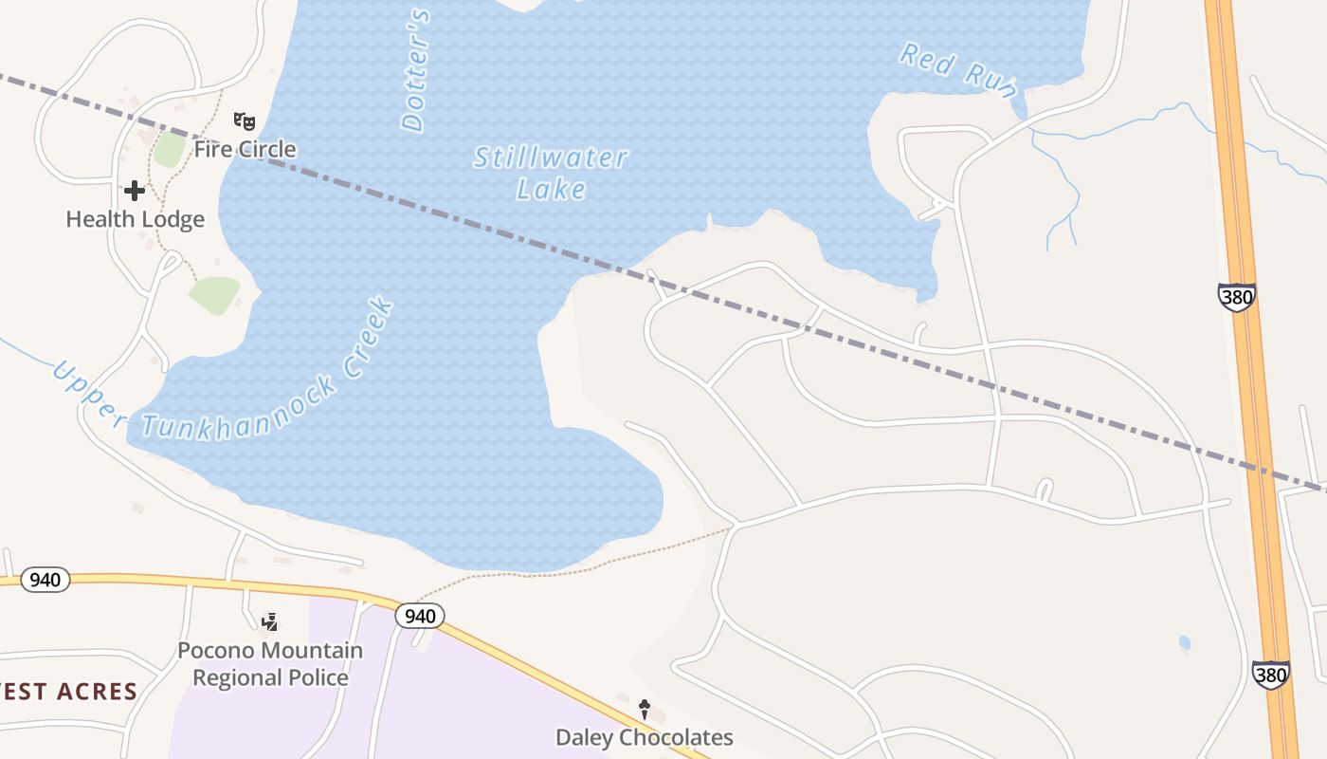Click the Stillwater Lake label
(551, 173)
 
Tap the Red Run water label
(957, 69)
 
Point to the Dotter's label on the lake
(415, 70)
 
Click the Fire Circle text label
(245, 149)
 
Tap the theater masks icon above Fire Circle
(245, 121)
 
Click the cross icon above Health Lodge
(135, 191)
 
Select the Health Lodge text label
(135, 219)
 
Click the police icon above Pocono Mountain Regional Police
(270, 622)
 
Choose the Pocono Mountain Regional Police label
(270, 664)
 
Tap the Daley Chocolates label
(645, 737)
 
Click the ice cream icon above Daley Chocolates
(645, 709)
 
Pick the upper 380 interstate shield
(1237, 297)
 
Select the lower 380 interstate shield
(1270, 675)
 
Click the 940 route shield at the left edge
(45, 580)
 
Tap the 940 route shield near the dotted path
(419, 616)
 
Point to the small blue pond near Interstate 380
(1185, 643)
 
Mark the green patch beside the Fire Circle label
(170, 149)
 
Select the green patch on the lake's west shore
(216, 294)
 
